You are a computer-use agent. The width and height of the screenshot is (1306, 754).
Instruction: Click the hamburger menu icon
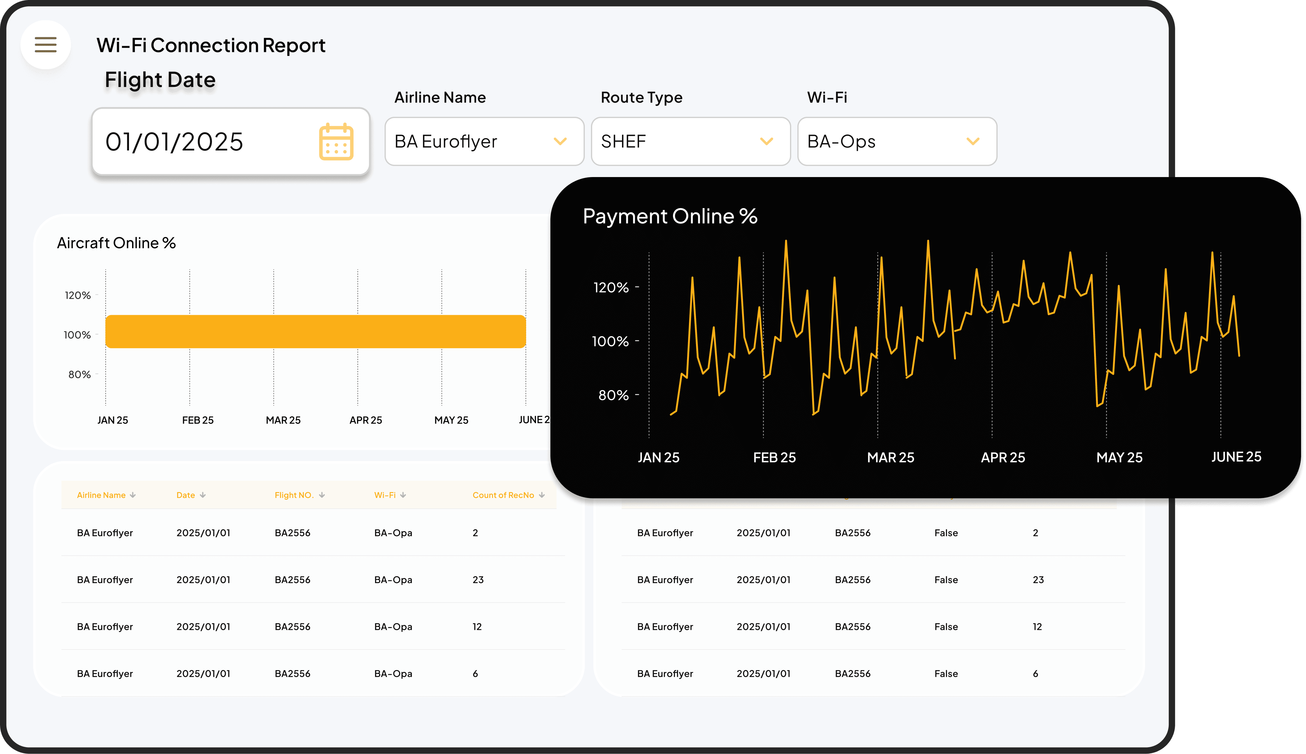coord(45,45)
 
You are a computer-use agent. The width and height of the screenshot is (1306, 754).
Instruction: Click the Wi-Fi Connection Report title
coord(211,45)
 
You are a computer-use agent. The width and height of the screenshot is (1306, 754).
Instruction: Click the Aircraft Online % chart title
coord(116,243)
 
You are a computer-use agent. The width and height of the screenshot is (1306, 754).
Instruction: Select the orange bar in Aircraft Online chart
coord(316,331)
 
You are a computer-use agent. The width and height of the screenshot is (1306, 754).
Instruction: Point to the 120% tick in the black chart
coord(611,287)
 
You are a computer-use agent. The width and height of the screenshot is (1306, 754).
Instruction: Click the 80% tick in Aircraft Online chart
coord(79,374)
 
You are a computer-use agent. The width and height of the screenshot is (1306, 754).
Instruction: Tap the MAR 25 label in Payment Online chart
coord(890,458)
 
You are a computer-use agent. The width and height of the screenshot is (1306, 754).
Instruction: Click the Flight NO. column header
coord(294,495)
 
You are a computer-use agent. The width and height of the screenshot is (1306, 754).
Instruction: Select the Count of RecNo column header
coord(503,495)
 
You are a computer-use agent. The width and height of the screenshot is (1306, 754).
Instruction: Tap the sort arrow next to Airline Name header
coord(133,495)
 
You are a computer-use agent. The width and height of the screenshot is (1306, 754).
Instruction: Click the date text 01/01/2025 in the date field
coord(174,142)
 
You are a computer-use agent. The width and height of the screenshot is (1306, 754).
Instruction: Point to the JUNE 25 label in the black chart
coord(1236,457)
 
